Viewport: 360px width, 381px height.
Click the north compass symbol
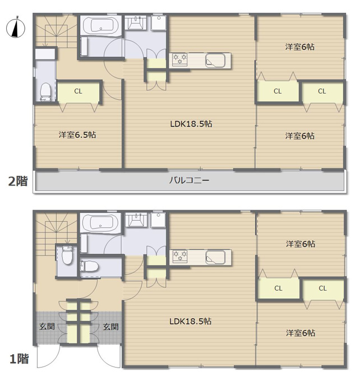point(16,27)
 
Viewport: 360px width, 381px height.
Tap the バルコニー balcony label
point(189,180)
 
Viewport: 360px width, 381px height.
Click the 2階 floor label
point(18,182)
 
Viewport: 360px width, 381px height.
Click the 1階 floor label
point(19,359)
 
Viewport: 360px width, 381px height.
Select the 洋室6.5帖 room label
point(77,134)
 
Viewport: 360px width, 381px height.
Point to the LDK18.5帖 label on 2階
point(191,124)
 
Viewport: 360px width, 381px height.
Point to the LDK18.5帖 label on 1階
point(191,322)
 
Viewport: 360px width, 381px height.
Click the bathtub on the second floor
point(101,26)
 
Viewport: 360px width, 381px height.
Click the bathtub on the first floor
point(101,223)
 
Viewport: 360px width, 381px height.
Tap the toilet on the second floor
point(45,92)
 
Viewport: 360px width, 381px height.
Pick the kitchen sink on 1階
point(215,257)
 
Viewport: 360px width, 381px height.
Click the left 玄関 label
point(47,326)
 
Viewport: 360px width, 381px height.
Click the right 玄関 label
point(110,327)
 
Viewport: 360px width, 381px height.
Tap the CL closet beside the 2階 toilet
point(78,91)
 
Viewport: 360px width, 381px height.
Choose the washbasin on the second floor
point(136,22)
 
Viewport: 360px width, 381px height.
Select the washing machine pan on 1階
point(158,220)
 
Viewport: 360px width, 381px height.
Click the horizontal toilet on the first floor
point(89,266)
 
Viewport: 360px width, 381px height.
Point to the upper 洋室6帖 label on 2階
point(299,47)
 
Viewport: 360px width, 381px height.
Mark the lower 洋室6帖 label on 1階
point(301,333)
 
